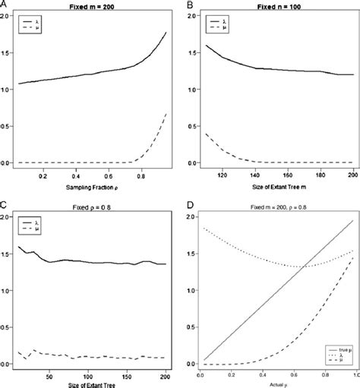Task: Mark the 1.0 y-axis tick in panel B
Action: tap(191, 90)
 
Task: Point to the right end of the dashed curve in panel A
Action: tap(167, 113)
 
